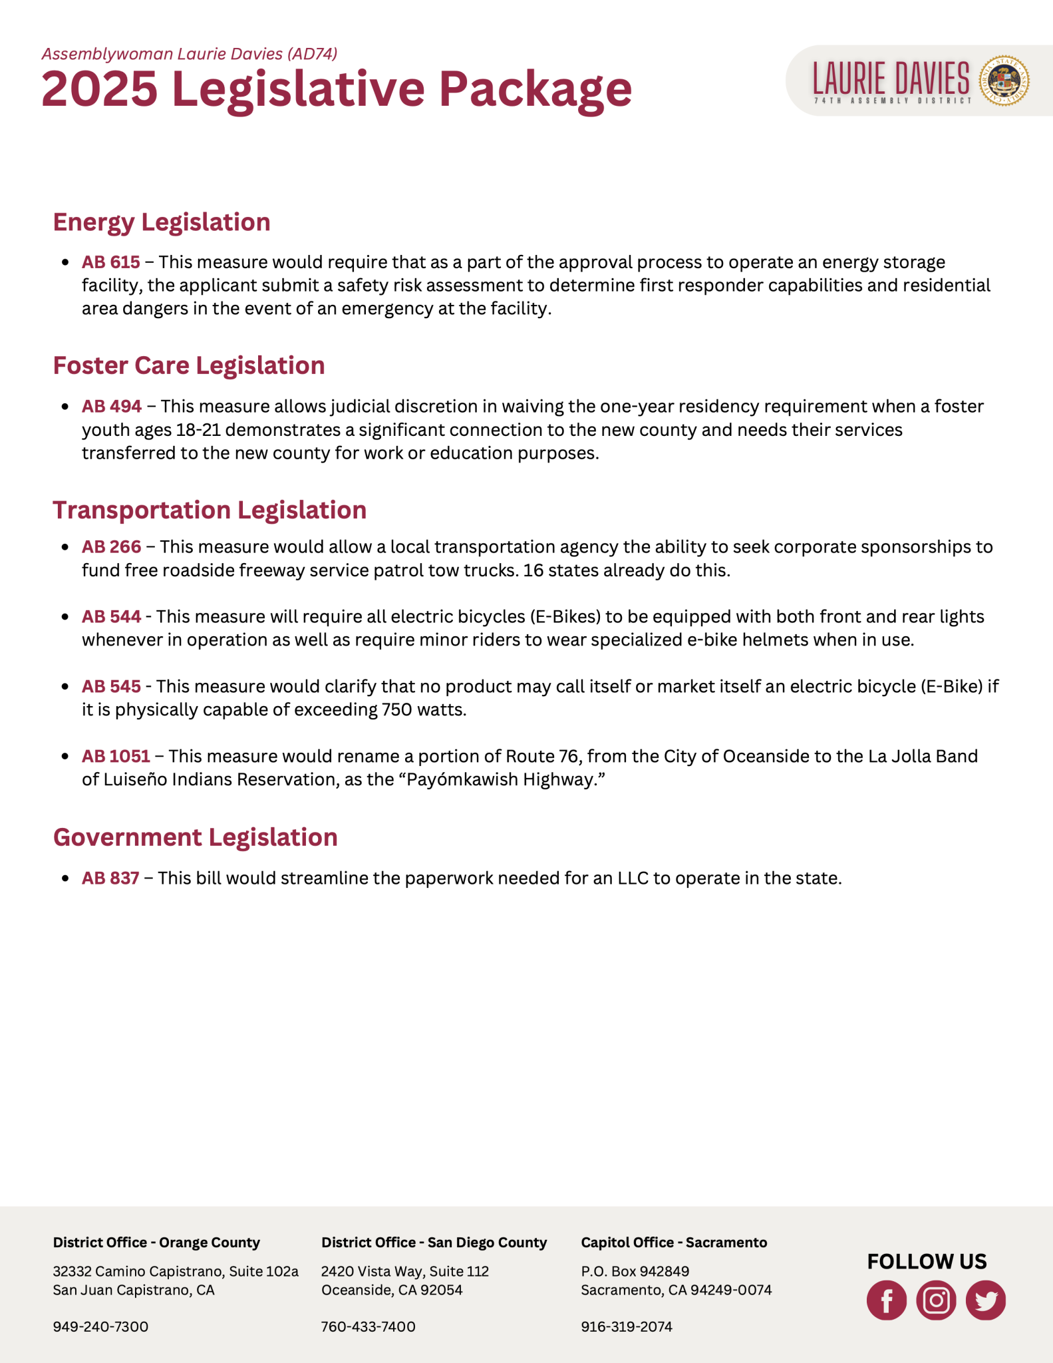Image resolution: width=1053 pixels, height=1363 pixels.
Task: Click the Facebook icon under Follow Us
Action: tap(886, 1300)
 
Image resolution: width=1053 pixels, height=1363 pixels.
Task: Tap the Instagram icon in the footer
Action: tap(936, 1300)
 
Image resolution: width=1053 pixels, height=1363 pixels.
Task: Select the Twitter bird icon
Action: tap(986, 1300)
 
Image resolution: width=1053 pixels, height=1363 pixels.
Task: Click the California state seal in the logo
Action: tap(1004, 81)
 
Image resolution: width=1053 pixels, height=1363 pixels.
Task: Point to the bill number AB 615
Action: tap(111, 262)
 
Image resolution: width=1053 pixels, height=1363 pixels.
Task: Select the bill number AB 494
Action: tap(112, 406)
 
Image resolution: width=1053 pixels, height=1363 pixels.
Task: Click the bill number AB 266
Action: tap(112, 547)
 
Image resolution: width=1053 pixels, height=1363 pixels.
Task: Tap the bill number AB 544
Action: tap(112, 617)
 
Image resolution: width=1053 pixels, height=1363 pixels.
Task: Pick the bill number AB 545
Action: tap(112, 686)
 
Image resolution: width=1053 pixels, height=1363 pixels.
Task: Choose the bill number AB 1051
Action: tap(116, 756)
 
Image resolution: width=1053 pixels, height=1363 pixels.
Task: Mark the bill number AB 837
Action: tap(110, 878)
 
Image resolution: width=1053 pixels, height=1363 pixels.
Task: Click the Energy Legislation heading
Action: tap(162, 222)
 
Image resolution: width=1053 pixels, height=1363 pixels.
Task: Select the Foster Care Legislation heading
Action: tap(189, 366)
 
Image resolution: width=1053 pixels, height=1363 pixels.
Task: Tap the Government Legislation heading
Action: tap(196, 837)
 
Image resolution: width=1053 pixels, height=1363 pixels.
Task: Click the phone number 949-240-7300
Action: tap(101, 1326)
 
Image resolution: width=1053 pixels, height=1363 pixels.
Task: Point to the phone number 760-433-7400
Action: tap(369, 1326)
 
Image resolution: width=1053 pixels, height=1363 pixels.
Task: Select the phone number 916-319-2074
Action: tap(627, 1326)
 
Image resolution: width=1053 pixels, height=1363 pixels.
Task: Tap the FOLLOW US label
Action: tap(927, 1261)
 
